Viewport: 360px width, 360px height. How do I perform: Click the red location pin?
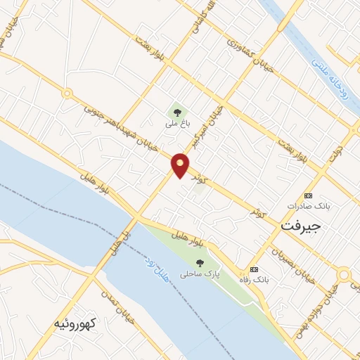(x=181, y=165)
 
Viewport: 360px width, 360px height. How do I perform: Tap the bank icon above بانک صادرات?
(x=308, y=195)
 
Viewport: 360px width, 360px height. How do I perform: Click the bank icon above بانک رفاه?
(x=254, y=269)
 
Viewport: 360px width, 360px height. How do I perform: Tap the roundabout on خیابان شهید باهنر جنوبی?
(x=67, y=93)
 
